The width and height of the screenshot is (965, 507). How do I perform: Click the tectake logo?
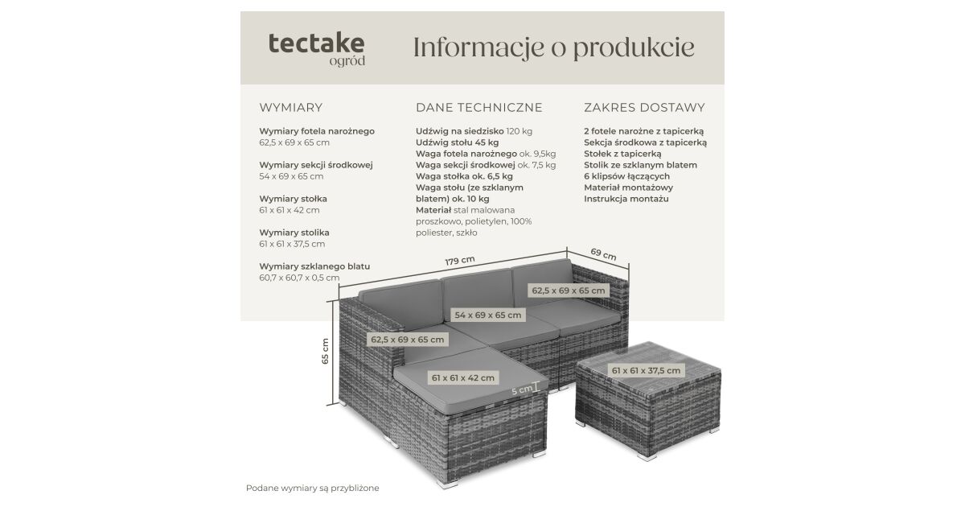coord(317,49)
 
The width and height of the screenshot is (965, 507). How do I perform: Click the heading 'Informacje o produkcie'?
coord(553,48)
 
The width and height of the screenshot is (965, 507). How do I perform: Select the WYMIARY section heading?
coord(291,107)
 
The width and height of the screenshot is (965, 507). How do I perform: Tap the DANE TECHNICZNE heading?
coord(479,107)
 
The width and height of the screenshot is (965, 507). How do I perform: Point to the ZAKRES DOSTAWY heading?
coord(644,107)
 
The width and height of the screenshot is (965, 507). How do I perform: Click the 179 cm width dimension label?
coord(460,261)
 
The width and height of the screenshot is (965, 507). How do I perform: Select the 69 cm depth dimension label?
coord(604,254)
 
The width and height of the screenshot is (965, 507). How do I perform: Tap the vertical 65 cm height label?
coord(325,351)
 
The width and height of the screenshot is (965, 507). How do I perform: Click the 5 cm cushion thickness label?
coord(522,390)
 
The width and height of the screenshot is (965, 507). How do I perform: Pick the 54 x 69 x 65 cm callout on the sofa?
coord(487,315)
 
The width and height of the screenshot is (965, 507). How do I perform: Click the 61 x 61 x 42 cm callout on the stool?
coord(463,378)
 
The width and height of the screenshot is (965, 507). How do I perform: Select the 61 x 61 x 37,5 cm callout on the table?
coord(646,370)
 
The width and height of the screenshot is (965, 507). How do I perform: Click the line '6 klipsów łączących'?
coord(626,176)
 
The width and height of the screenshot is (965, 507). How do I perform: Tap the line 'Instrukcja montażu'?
coord(626,199)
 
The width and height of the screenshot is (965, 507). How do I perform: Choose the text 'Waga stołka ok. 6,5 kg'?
coord(465,176)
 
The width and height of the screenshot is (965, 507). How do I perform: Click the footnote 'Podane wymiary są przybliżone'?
coord(312,488)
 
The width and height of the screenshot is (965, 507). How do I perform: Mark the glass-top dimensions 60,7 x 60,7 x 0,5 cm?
coord(299,278)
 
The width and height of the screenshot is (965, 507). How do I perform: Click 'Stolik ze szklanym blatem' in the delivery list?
coord(641,165)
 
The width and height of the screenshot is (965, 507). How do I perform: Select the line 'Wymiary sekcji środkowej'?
coord(316,165)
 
